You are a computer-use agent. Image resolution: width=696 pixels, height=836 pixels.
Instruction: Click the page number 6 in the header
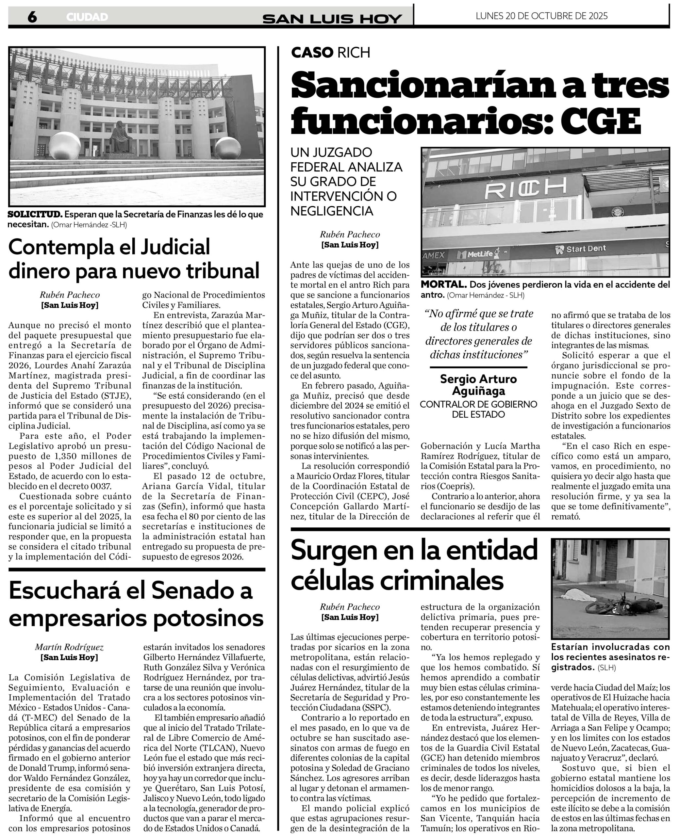click(32, 17)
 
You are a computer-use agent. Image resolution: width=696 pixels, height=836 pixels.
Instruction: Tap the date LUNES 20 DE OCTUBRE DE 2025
click(541, 16)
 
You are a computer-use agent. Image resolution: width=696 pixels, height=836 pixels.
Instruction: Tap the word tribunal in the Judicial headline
click(220, 271)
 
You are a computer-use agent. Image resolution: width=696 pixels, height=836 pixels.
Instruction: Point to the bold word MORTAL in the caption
click(443, 285)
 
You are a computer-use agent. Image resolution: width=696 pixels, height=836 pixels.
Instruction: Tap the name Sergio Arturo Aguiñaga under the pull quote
click(478, 385)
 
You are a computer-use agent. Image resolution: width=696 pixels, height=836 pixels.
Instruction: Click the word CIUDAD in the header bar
click(87, 17)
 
